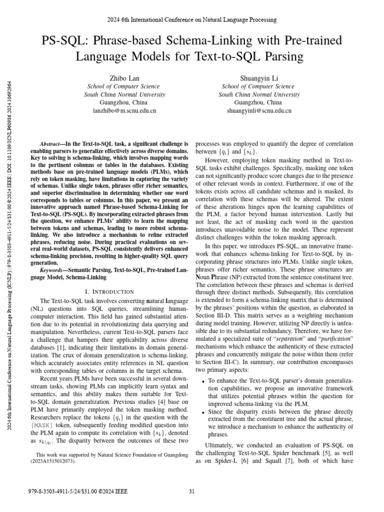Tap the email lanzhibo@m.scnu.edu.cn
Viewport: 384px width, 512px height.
[125, 110]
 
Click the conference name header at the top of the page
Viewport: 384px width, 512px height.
[192, 19]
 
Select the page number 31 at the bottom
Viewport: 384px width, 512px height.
[192, 490]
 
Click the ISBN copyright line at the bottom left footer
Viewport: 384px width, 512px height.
[75, 490]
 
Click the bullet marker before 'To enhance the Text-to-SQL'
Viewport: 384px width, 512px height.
[202, 381]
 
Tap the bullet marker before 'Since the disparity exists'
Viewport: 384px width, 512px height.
[202, 411]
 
